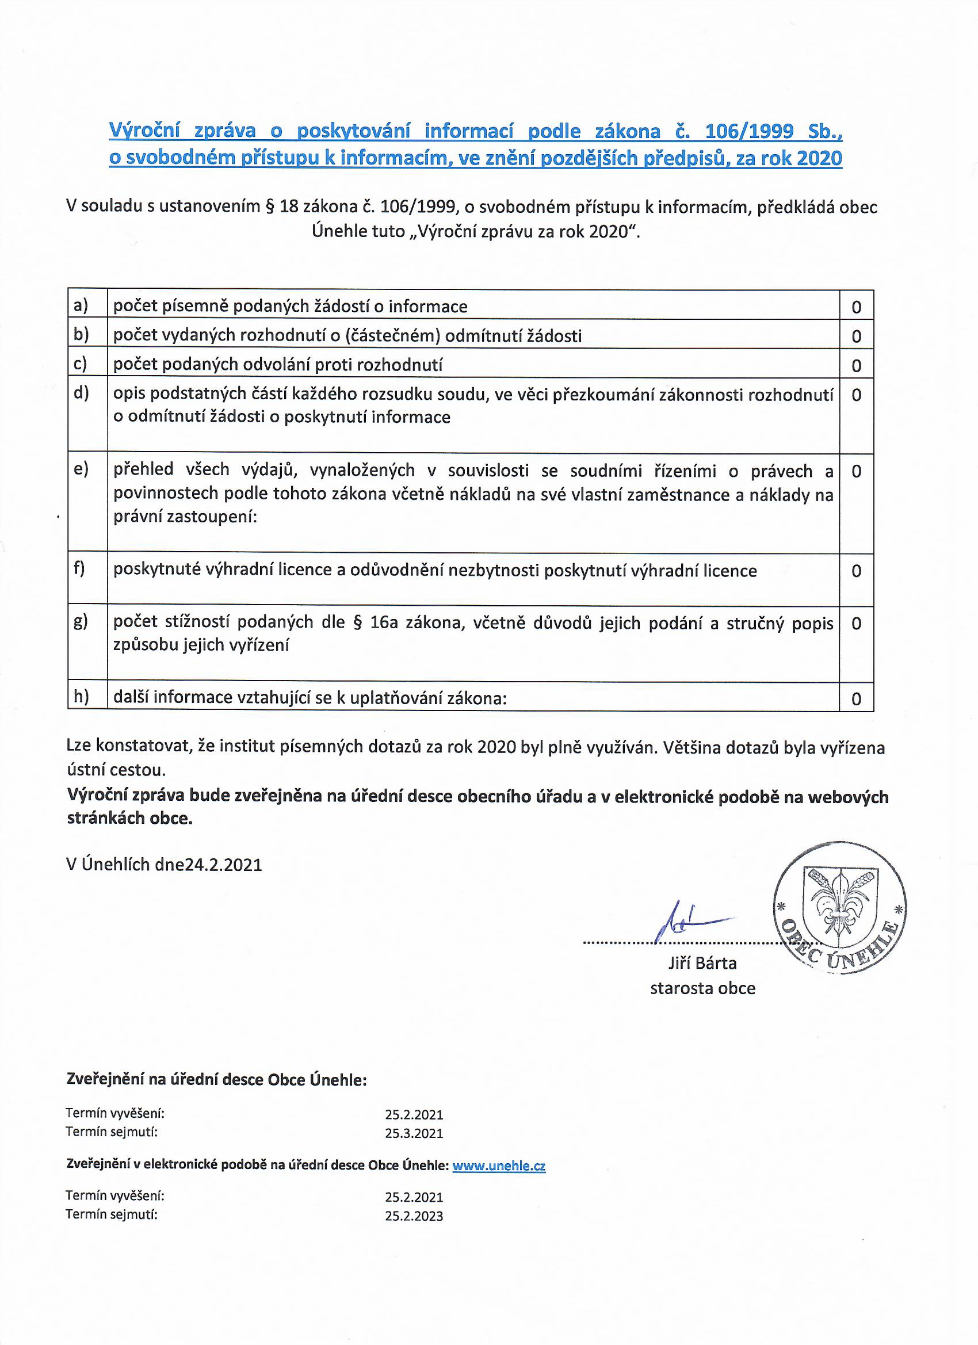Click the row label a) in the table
pyautogui.click(x=81, y=305)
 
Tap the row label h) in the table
pyautogui.click(x=81, y=697)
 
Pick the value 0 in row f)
pyautogui.click(x=856, y=571)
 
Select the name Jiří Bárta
pyautogui.click(x=702, y=963)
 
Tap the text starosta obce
pyautogui.click(x=702, y=988)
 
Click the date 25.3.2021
pyautogui.click(x=414, y=1133)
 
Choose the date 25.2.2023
pyautogui.click(x=414, y=1216)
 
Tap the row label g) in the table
pyautogui.click(x=81, y=621)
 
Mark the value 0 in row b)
pyautogui.click(x=856, y=336)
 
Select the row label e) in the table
pyautogui.click(x=81, y=469)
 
